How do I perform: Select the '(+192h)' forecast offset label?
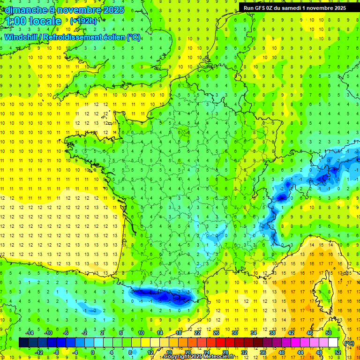click(83, 21)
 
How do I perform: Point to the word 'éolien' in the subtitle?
click(112, 37)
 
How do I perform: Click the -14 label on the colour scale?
click(30, 333)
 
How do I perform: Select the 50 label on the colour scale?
click(329, 333)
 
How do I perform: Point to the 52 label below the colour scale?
click(337, 352)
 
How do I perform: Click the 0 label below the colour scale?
click(93, 352)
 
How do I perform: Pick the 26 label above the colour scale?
click(216, 333)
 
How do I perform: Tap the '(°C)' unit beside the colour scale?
click(349, 343)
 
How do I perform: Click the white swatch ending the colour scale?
click(333, 343)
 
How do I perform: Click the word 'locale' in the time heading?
click(45, 21)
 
